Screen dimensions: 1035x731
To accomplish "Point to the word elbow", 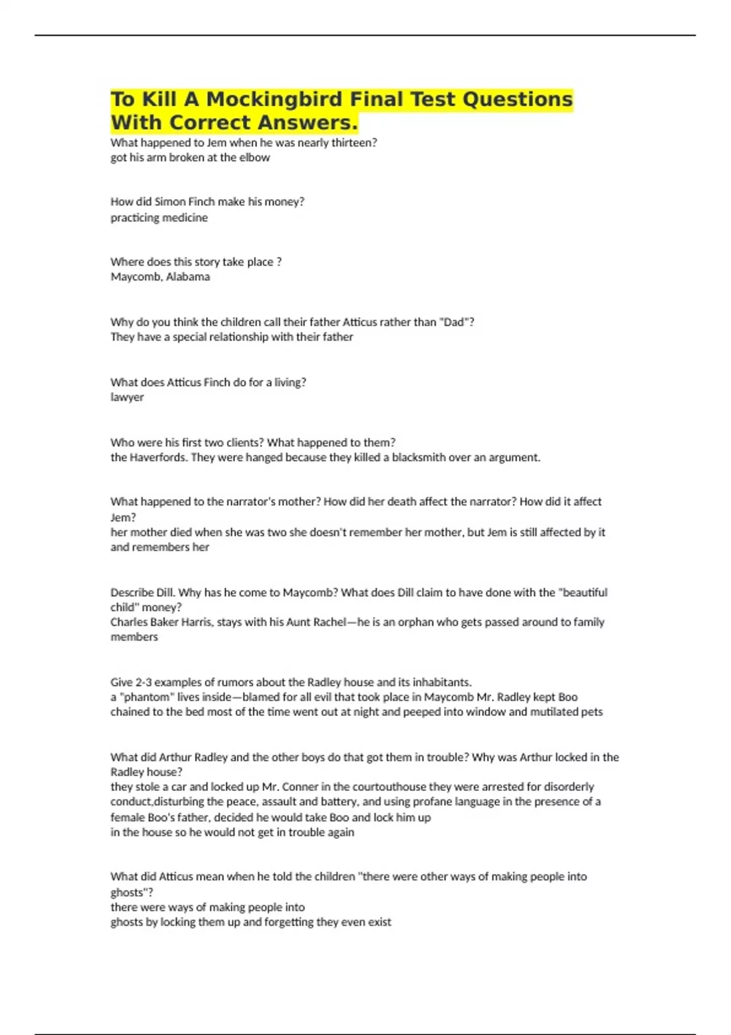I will pos(256,158).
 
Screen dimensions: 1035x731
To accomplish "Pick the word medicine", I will pos(185,218).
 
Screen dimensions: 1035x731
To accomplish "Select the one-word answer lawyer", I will pos(127,397).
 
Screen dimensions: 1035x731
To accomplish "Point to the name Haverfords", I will pos(158,457).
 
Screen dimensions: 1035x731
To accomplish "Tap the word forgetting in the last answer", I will pos(293,922).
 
